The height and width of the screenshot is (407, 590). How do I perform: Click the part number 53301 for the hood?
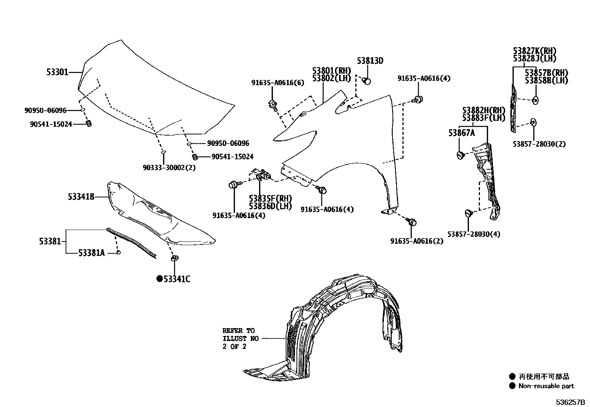57,73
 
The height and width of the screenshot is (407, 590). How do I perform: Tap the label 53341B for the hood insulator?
81,197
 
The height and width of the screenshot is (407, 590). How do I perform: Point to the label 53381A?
92,253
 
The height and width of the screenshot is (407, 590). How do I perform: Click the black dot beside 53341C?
159,279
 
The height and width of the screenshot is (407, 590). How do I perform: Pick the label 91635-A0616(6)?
277,83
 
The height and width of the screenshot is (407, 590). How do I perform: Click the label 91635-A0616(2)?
417,241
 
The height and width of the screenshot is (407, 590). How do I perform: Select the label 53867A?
461,133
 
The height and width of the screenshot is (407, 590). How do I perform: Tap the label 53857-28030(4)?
474,234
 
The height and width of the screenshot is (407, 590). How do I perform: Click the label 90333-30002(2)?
169,167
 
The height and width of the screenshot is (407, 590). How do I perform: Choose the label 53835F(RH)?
270,199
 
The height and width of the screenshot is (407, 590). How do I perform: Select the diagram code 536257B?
570,402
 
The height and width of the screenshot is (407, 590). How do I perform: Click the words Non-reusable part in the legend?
546,386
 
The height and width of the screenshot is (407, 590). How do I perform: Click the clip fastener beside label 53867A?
461,155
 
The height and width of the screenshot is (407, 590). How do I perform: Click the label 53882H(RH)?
484,110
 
